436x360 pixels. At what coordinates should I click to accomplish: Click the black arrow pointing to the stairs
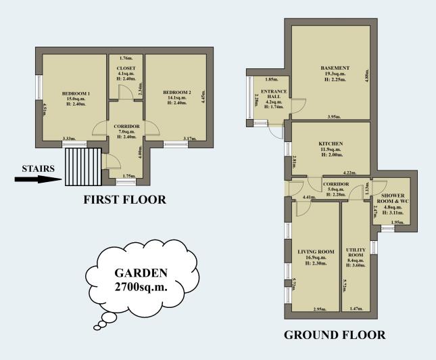37,179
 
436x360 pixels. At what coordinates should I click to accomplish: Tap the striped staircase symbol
82,166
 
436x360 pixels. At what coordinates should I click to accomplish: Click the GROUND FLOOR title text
334,335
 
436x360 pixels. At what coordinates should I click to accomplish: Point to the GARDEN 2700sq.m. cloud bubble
141,280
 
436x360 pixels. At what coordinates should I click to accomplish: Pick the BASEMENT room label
335,68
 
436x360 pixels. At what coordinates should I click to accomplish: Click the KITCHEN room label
331,143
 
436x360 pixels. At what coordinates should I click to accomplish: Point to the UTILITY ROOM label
356,252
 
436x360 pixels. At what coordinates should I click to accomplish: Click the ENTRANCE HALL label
274,94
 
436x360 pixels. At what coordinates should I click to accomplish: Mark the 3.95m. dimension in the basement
333,117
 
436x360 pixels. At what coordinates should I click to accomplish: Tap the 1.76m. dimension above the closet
126,58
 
